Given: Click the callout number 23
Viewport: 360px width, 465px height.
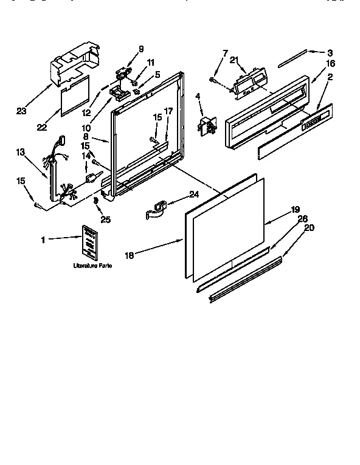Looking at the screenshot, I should click(x=22, y=111).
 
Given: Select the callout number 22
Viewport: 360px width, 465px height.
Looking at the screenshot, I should click(x=42, y=126).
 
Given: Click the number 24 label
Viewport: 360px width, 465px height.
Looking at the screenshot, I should click(x=194, y=194).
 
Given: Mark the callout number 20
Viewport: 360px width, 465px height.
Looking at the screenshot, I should click(x=309, y=229).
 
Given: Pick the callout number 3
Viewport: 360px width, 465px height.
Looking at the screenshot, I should click(x=330, y=53).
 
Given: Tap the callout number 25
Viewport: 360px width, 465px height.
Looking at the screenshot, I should click(x=105, y=219).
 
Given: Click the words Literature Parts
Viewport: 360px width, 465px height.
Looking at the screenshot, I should click(x=92, y=266).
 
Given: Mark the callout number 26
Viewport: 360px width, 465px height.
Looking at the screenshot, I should click(x=303, y=218).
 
